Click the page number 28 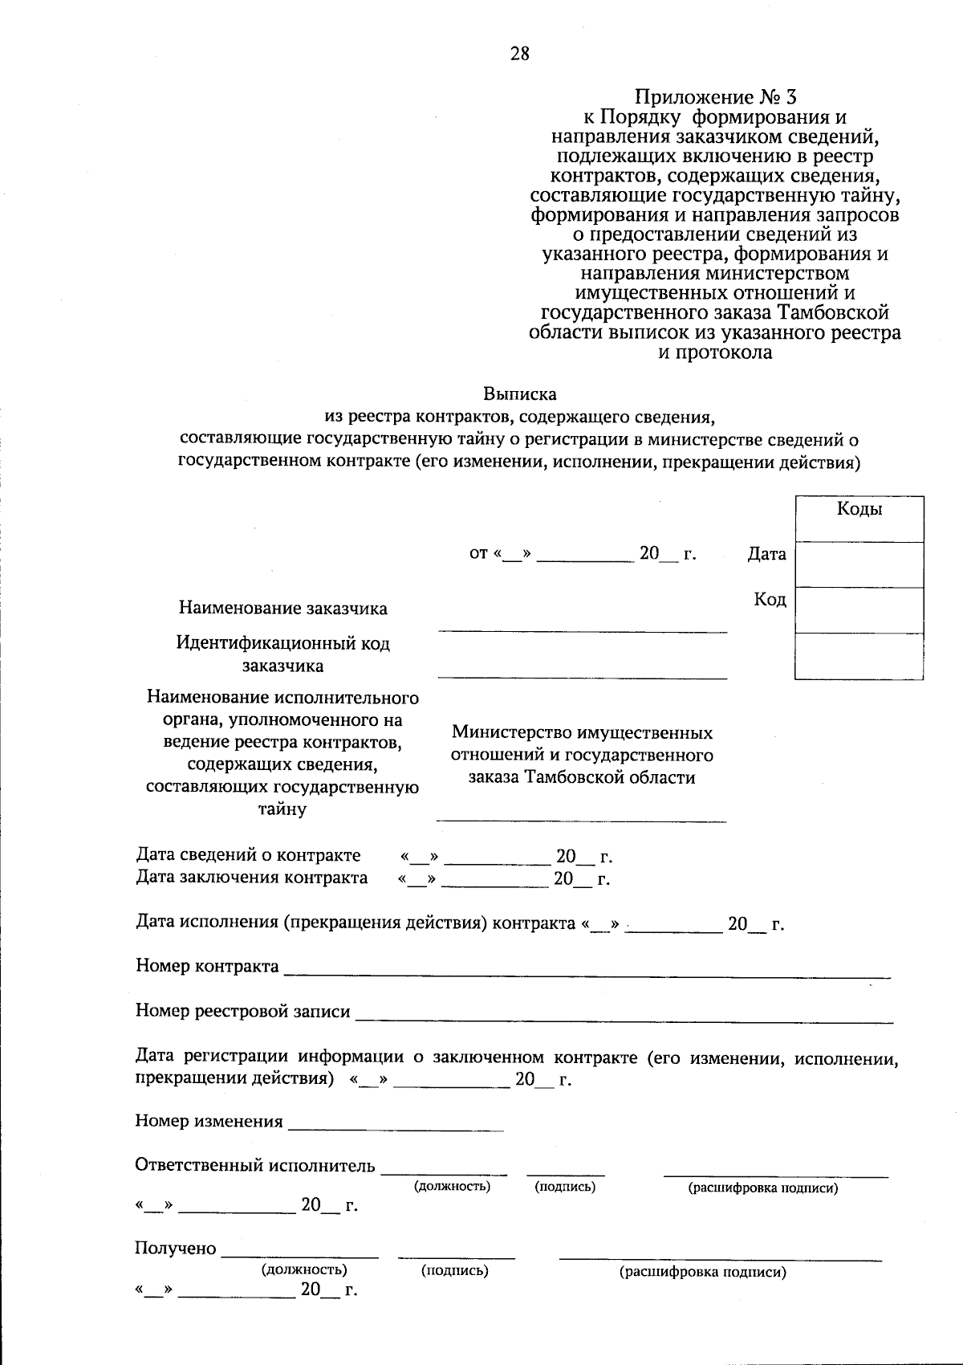pyautogui.click(x=519, y=54)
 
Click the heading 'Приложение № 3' pyautogui.click(x=715, y=98)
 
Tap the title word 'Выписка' pyautogui.click(x=519, y=394)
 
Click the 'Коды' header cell pyautogui.click(x=859, y=510)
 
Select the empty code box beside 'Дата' pyautogui.click(x=859, y=564)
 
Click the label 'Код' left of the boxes pyautogui.click(x=770, y=599)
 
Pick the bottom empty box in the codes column pyautogui.click(x=859, y=656)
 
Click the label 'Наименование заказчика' pyautogui.click(x=282, y=608)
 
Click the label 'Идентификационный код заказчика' pyautogui.click(x=282, y=654)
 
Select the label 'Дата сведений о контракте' pyautogui.click(x=248, y=855)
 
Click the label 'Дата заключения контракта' pyautogui.click(x=251, y=878)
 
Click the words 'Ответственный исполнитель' pyautogui.click(x=254, y=1165)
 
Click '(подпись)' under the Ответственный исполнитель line pyautogui.click(x=565, y=1187)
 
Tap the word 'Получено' pyautogui.click(x=176, y=1249)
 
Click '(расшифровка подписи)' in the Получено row pyautogui.click(x=702, y=1272)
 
